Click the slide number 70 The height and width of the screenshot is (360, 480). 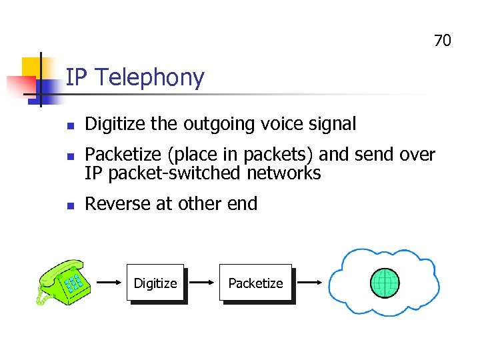click(x=443, y=41)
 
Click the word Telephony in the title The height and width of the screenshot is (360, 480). click(x=149, y=78)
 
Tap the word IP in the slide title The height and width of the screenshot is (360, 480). click(x=77, y=78)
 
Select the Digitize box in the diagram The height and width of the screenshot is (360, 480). click(x=155, y=283)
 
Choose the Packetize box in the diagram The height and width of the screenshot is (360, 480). click(x=256, y=283)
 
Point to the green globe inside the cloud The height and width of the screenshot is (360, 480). click(x=385, y=283)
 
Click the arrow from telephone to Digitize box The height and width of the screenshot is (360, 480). click(x=110, y=283)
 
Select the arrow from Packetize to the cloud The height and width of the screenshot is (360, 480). click(x=311, y=283)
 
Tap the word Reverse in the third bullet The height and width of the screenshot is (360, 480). click(x=118, y=204)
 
